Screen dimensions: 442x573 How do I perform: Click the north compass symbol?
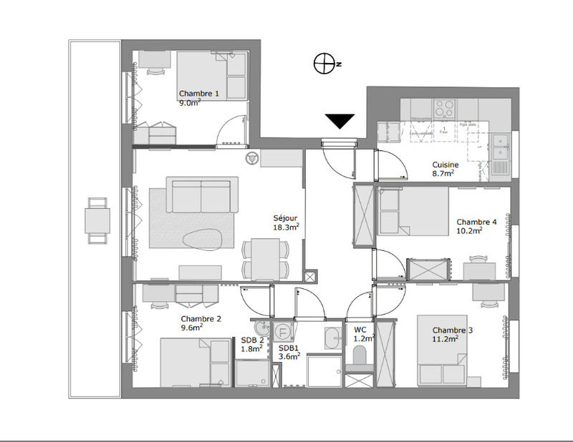[x=324, y=64]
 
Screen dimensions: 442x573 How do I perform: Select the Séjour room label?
[x=284, y=222]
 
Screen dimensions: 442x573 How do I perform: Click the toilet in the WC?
[x=360, y=355]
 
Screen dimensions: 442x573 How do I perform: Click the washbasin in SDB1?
[x=333, y=338]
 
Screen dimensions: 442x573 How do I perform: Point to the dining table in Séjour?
[x=266, y=258]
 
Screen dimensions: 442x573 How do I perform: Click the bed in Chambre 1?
[x=206, y=77]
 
